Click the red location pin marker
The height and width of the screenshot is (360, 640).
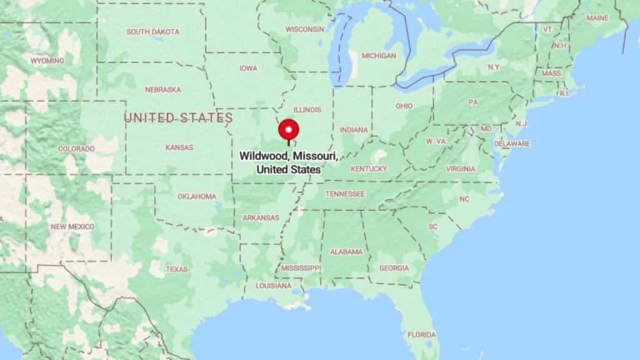288,130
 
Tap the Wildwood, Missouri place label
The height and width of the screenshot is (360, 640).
289,162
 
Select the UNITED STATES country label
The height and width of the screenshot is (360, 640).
178,118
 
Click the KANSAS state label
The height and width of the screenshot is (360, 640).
179,147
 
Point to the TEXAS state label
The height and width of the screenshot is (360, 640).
177,269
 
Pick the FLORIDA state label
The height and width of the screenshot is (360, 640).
422,335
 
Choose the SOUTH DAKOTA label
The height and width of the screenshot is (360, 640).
152,32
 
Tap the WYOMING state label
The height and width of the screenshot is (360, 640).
47,61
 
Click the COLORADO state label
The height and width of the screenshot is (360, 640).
76,149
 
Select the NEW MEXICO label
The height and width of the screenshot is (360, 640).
72,226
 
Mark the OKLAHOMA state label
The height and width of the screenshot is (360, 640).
197,196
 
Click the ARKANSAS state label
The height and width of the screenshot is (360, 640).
261,217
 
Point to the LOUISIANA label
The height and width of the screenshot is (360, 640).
273,286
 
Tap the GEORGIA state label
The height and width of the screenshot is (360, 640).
394,268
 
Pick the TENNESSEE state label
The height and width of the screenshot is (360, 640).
345,194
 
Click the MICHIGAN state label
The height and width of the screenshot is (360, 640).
379,56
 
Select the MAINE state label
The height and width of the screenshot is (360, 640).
597,18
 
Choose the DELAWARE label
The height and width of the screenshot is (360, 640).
512,144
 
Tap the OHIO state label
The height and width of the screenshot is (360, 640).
404,106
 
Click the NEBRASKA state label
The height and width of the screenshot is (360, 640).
162,89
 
